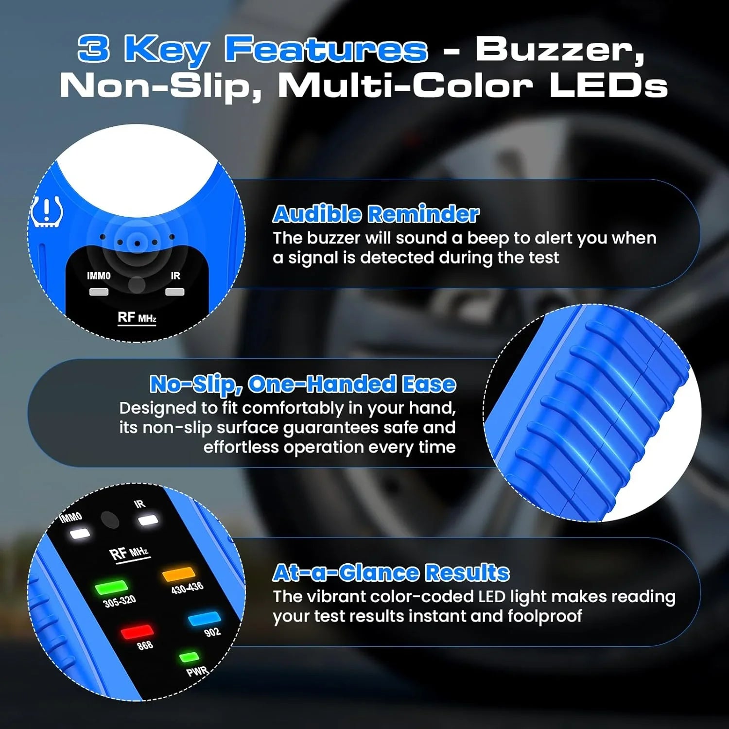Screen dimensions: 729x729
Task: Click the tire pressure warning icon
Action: click(47, 212)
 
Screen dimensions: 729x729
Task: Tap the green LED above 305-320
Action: click(111, 588)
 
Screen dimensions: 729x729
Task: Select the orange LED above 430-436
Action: click(179, 574)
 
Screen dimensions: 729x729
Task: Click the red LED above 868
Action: click(137, 632)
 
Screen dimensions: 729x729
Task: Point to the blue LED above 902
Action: click(204, 619)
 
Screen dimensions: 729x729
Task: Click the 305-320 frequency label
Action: click(120, 601)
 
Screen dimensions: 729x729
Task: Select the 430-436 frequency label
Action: click(187, 588)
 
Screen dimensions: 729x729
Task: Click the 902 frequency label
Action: click(212, 632)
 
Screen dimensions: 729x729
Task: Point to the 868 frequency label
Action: click(145, 645)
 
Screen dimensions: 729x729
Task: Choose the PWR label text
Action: click(197, 672)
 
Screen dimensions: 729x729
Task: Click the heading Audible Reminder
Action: click(376, 214)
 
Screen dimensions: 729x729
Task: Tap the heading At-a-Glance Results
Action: click(391, 573)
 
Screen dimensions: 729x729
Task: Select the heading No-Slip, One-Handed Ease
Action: click(303, 384)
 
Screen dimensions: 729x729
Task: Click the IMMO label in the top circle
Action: click(99, 276)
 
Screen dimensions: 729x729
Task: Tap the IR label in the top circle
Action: click(175, 276)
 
